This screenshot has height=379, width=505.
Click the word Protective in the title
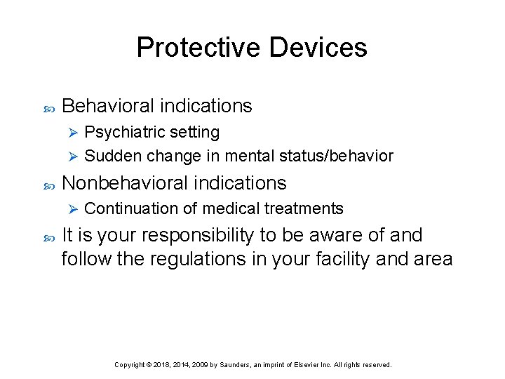(x=198, y=48)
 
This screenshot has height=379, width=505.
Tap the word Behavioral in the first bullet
(x=108, y=106)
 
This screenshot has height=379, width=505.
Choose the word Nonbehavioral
(x=127, y=183)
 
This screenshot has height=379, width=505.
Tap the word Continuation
(x=124, y=208)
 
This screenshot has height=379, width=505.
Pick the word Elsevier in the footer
(x=313, y=365)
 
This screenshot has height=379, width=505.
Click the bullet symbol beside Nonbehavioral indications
(x=48, y=184)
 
